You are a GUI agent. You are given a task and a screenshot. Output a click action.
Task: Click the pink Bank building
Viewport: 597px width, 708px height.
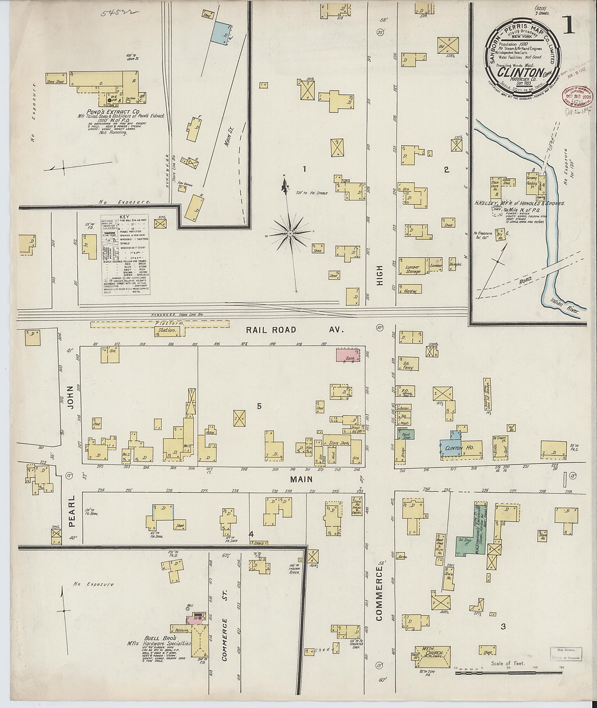348,355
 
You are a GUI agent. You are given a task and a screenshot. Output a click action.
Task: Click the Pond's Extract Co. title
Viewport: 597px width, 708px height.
114,112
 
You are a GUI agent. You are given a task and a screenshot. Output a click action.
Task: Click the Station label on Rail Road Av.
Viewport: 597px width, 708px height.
167,330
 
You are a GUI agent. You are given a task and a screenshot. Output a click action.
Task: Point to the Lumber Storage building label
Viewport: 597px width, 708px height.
413,269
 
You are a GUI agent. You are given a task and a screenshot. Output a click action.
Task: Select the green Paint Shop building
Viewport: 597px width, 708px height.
406,434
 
